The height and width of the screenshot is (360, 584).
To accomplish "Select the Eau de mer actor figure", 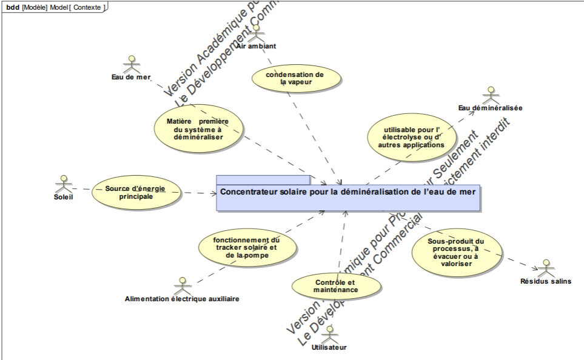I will point(131,65).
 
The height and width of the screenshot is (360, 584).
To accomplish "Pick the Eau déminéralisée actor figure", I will point(490,96).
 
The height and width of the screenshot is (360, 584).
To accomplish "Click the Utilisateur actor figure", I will point(330,334).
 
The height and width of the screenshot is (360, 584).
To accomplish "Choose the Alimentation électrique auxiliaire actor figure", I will point(181,285).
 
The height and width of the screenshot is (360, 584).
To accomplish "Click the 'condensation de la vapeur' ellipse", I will point(295,78).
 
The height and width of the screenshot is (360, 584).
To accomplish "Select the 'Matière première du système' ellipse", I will point(198,128).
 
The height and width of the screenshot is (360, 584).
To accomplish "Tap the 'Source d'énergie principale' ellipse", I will point(136,192).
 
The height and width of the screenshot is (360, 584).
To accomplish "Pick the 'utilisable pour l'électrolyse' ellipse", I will point(411,138).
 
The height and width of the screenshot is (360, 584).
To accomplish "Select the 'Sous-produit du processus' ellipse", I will point(457,251).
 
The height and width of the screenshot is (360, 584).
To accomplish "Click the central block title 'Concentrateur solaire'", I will point(348,192).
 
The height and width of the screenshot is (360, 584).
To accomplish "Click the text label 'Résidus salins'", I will point(546,281).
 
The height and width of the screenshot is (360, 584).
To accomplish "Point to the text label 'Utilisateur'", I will point(329,348).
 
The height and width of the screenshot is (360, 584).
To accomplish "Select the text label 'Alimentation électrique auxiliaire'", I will point(181,299).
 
